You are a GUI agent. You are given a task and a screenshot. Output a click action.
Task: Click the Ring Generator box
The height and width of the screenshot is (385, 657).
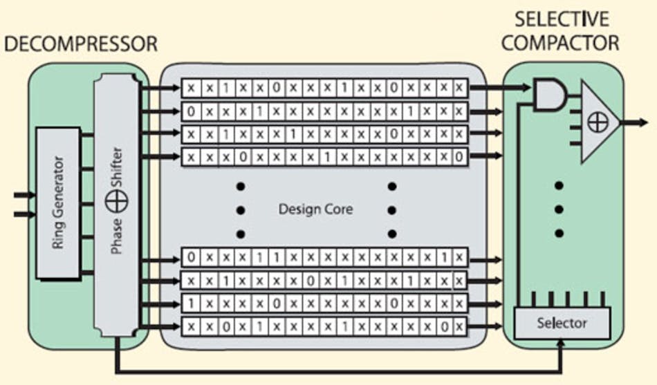[57, 203]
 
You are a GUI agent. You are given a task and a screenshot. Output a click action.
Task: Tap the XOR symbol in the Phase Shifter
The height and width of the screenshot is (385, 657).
[115, 203]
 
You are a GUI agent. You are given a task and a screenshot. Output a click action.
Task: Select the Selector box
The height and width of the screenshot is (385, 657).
[562, 322]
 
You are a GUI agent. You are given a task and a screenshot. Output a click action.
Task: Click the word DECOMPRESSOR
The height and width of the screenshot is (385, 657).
[81, 45]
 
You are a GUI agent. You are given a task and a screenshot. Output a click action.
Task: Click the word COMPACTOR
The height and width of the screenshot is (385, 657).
[560, 44]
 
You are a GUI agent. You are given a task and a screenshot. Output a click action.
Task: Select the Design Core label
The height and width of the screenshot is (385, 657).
[315, 209]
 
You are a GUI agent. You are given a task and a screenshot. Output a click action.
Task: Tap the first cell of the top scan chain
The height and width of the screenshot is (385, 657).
[191, 88]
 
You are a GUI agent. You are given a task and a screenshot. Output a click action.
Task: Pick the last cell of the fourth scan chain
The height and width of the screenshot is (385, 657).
[459, 157]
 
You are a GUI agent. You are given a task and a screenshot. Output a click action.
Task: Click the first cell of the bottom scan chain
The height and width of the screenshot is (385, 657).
[191, 326]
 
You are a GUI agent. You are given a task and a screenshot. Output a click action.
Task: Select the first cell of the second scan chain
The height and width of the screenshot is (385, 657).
[191, 111]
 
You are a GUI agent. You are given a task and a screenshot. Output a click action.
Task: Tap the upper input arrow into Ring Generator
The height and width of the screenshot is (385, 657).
[30, 196]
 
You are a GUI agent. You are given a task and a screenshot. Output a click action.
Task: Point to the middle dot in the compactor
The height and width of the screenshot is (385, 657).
[559, 209]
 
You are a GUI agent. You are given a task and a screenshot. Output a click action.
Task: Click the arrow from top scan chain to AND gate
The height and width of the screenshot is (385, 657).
[498, 88]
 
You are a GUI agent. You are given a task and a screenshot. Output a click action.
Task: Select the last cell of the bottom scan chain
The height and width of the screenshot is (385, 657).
[459, 326]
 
